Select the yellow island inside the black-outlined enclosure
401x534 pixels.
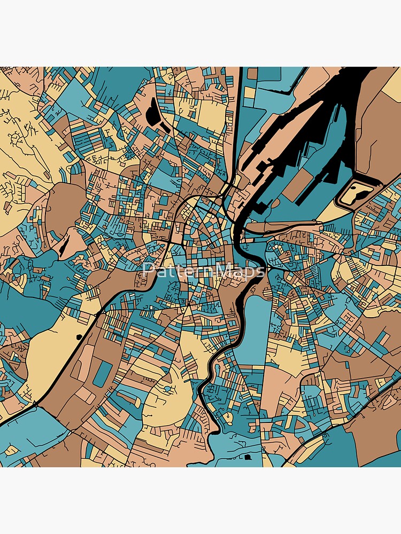click(356, 192)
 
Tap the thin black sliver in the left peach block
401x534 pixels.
click(64, 245)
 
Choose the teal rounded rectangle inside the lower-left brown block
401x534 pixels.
click(102, 374)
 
